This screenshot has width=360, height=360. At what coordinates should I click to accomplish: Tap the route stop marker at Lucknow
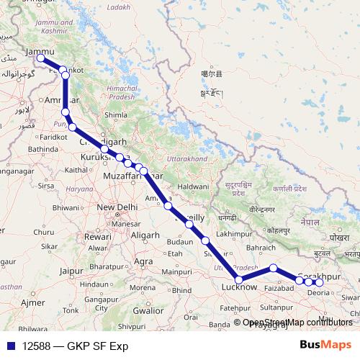(x=239, y=279)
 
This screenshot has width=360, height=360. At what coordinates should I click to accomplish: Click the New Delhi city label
(x=117, y=207)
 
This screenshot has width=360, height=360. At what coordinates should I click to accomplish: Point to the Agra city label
(x=144, y=261)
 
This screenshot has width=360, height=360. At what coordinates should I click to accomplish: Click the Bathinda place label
(x=43, y=148)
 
